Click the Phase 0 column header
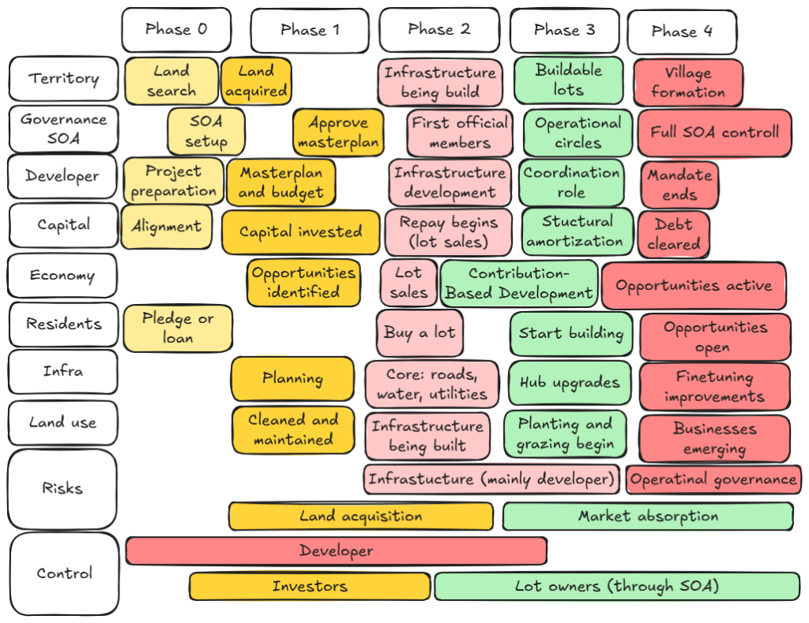[176, 30]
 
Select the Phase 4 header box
[681, 32]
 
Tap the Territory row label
[62, 79]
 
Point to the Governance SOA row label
[62, 128]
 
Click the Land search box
[171, 81]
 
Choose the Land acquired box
[256, 81]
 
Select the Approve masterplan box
[338, 133]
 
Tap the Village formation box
[687, 82]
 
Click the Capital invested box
[300, 232]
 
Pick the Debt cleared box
[674, 235]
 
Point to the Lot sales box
[408, 283]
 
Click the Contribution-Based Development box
[519, 283]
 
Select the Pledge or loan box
[178, 328]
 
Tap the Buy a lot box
[420, 332]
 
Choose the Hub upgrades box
[570, 383]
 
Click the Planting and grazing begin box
[565, 434]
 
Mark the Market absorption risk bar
[648, 516]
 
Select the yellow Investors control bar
[310, 586]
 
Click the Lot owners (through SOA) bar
[616, 586]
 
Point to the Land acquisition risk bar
[361, 516]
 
